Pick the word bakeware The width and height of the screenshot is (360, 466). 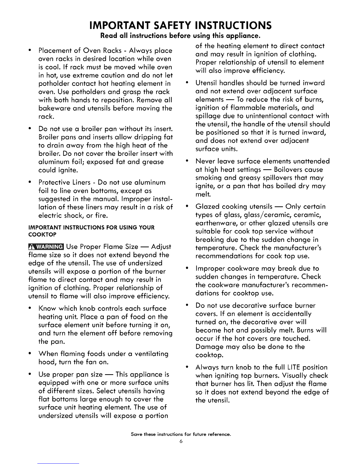(x=53, y=108)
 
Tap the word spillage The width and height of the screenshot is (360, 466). (x=208, y=116)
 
